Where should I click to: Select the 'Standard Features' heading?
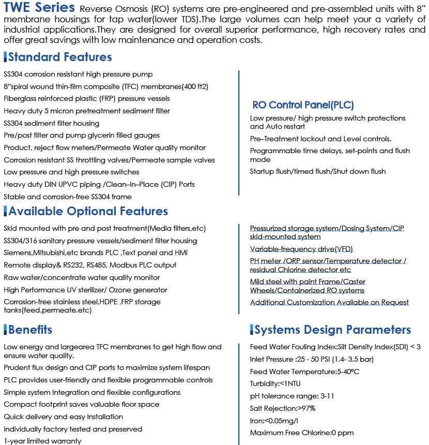60,57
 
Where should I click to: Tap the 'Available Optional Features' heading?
88,211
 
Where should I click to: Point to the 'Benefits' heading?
30,330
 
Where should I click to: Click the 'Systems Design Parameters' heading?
332,330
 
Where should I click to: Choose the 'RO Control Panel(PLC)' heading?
303,105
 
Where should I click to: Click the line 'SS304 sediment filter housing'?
52,123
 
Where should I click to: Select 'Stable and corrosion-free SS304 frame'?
68,197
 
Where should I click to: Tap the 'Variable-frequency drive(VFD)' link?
301,249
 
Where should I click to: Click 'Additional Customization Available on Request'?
329,302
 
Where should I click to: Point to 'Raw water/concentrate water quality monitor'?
82,277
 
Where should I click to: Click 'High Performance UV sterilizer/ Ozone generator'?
85,290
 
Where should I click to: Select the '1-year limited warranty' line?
42,441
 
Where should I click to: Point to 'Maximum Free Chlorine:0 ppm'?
302,433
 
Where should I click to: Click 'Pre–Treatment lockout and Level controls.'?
320,139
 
